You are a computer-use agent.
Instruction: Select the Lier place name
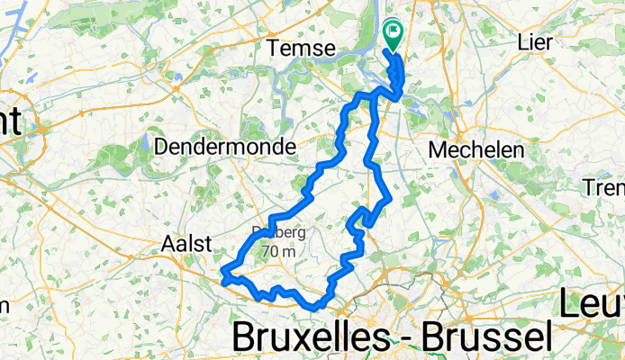(539, 41)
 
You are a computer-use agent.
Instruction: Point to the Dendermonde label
(213, 146)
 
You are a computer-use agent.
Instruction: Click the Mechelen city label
(476, 150)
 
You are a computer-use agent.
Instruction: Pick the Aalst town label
(186, 243)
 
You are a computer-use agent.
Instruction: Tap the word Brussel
(478, 337)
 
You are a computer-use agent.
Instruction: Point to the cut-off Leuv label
(592, 304)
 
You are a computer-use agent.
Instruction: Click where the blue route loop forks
(372, 94)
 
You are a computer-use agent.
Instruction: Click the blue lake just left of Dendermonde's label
(144, 141)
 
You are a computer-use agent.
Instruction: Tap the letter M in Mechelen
(440, 150)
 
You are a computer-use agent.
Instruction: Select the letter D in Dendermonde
(163, 146)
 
